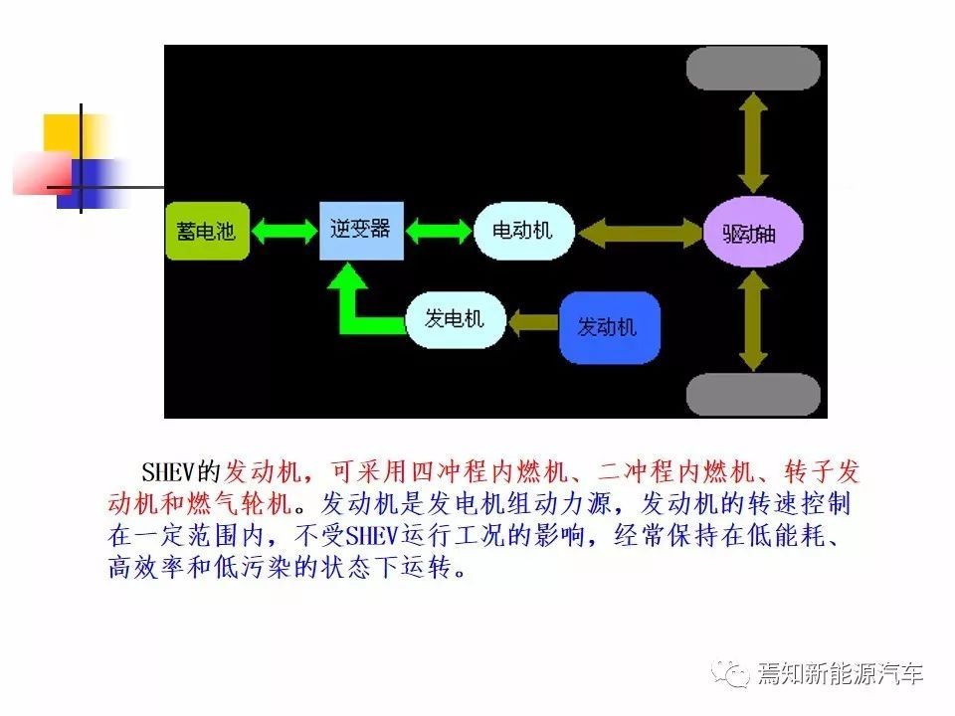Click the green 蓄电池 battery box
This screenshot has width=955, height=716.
[x=208, y=232]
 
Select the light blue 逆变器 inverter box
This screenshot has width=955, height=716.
[x=362, y=231]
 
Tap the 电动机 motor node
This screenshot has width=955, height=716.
[x=524, y=231]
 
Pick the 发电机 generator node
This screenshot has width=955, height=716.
[x=456, y=319]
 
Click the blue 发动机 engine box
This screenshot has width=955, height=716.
[x=610, y=327]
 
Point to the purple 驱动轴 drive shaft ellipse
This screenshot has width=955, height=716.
[x=753, y=232]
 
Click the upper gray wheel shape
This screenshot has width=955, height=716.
[x=753, y=69]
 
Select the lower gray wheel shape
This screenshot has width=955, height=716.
[x=753, y=395]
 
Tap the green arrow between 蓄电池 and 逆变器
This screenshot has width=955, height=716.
[x=285, y=232]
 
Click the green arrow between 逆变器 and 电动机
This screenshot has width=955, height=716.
[x=439, y=232]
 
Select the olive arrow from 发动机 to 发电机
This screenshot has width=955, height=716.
[x=533, y=321]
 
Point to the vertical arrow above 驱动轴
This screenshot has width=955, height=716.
[x=753, y=143]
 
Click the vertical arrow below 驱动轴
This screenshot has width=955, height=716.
[x=753, y=320]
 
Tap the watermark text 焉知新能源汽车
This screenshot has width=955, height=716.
[x=842, y=673]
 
